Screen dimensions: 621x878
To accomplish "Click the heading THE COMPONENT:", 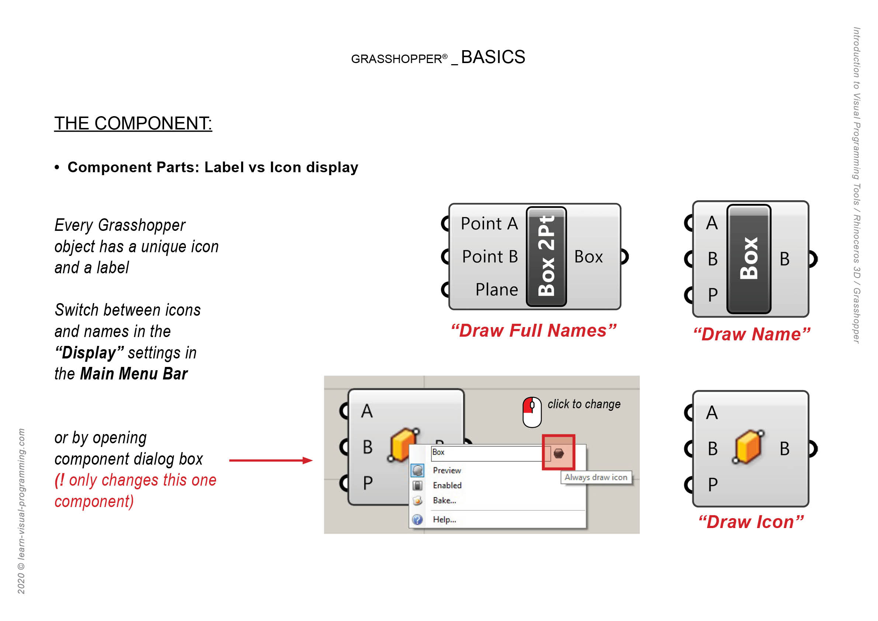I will click(x=133, y=124).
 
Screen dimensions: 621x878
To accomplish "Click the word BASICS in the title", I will click(x=493, y=58).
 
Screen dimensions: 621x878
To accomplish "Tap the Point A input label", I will click(x=489, y=224).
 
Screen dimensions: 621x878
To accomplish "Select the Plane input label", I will click(x=496, y=289).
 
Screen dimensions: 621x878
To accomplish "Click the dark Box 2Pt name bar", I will click(x=546, y=256).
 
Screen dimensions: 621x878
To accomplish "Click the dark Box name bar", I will click(x=748, y=259).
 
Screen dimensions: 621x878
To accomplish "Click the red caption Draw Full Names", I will click(x=534, y=331).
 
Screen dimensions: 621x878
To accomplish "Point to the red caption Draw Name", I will click(x=752, y=334).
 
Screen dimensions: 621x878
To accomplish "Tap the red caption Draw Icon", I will click(x=751, y=522).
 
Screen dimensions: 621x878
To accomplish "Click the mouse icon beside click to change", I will click(x=532, y=412).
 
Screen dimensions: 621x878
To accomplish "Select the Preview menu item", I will click(x=447, y=470).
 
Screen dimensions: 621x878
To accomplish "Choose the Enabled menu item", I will click(x=447, y=485).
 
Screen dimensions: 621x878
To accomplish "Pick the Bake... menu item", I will click(x=444, y=500).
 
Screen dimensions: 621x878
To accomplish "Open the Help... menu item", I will click(x=444, y=519).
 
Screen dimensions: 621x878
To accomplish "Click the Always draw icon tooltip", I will click(x=596, y=477).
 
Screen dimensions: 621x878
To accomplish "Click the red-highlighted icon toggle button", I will click(x=558, y=453).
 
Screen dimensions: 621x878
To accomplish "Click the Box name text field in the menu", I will click(x=486, y=453).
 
